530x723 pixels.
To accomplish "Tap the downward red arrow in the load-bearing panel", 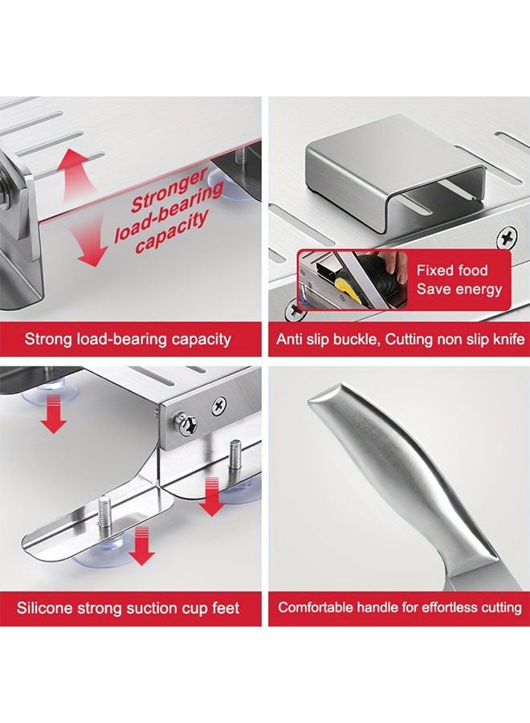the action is (89, 243).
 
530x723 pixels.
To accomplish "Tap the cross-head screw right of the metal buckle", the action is (507, 238).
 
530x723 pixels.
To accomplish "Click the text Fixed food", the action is (451, 270).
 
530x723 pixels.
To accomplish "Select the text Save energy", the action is (459, 289).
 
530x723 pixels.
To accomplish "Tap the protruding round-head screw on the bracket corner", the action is (185, 425).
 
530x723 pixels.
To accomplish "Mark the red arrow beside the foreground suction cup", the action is (141, 547).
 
